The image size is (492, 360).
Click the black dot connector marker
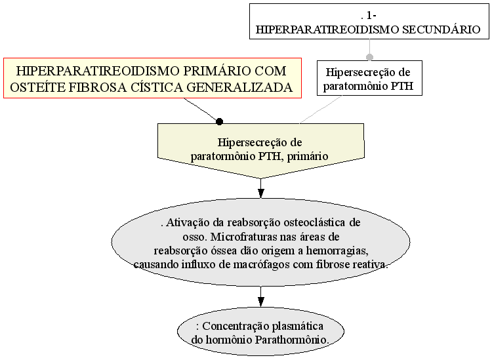[x=219, y=121]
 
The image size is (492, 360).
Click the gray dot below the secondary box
[x=369, y=57]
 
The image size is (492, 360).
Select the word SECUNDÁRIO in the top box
[x=441, y=30]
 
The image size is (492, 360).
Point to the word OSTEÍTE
[x=37, y=87]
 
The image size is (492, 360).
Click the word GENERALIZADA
[x=239, y=87]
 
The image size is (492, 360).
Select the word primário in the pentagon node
[x=308, y=156]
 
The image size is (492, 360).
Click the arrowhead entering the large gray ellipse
[x=260, y=193]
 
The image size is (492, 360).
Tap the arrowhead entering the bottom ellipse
[x=260, y=302]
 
